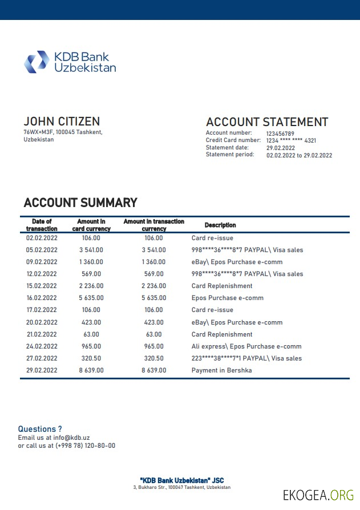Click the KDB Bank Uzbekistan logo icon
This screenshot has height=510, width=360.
click(x=37, y=62)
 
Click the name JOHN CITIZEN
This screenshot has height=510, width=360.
click(x=62, y=122)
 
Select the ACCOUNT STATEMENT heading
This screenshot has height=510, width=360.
click(x=266, y=122)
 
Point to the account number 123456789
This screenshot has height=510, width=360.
click(x=280, y=133)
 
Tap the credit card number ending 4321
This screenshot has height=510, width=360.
click(x=291, y=140)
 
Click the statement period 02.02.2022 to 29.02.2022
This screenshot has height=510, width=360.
click(x=299, y=155)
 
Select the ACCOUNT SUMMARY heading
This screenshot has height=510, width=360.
click(x=80, y=203)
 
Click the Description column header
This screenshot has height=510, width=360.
click(x=220, y=225)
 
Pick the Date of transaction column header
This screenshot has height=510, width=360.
click(x=42, y=225)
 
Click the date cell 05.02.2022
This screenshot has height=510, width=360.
click(x=42, y=250)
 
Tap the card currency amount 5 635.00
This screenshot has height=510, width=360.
click(x=91, y=298)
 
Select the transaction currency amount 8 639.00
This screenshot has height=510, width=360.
click(x=154, y=370)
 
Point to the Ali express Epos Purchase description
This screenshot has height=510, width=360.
click(x=246, y=346)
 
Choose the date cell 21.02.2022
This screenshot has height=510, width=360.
click(x=42, y=334)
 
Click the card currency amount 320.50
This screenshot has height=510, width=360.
click(x=91, y=358)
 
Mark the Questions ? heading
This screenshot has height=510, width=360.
click(x=40, y=429)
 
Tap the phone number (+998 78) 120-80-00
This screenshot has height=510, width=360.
click(x=85, y=446)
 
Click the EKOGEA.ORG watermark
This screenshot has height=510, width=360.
click(x=318, y=495)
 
